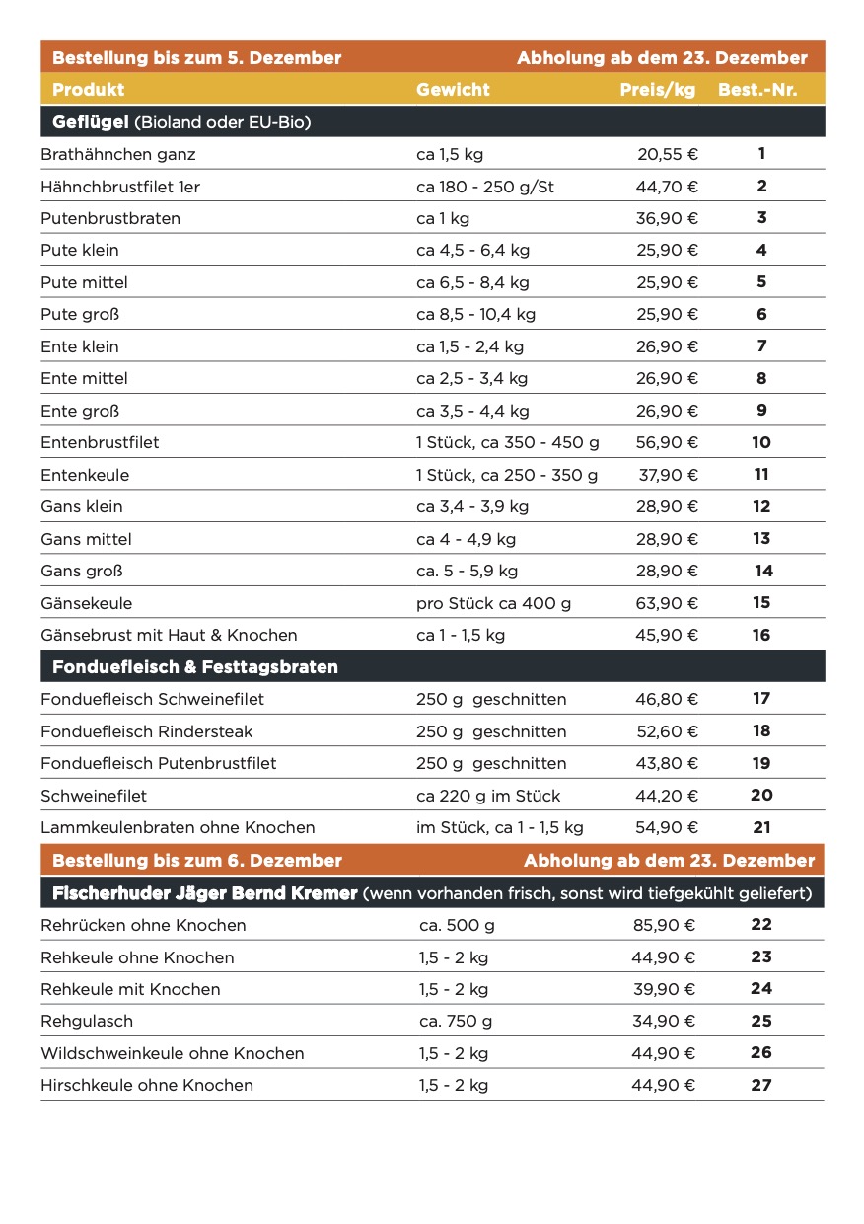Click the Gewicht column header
[x=453, y=90]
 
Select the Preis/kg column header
[x=657, y=90]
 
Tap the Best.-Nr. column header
[x=757, y=90]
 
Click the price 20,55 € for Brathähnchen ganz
[x=668, y=154]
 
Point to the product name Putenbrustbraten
[x=110, y=218]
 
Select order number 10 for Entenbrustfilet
[x=761, y=442]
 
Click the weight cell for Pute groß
[x=475, y=315]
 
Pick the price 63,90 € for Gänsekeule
[x=667, y=603]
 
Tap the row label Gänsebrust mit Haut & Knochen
[x=169, y=635]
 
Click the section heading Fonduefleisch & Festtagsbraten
[x=195, y=667]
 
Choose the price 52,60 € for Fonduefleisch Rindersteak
[x=667, y=731]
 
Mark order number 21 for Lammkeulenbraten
[x=761, y=827]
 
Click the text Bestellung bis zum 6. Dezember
[x=197, y=861]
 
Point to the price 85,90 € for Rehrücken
[x=664, y=925]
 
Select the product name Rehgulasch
[x=87, y=1021]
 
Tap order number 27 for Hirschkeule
[x=760, y=1085]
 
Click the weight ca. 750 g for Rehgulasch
[x=456, y=1021]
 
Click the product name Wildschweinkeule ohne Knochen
[x=173, y=1053]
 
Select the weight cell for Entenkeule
[x=507, y=475]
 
